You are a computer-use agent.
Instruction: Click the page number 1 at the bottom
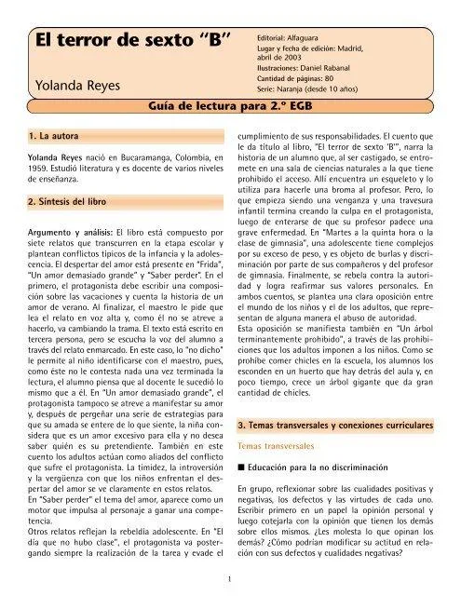coord(229,576)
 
